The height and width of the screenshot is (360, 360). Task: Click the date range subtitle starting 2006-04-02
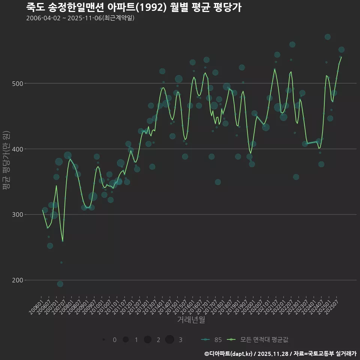(x=80, y=18)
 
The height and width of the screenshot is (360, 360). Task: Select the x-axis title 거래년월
(x=191, y=320)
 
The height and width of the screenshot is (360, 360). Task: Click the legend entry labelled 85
(x=211, y=340)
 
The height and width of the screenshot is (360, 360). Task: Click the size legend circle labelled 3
(x=169, y=340)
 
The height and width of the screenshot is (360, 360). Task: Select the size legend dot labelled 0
(x=103, y=340)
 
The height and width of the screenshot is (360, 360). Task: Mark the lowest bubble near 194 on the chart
(x=60, y=284)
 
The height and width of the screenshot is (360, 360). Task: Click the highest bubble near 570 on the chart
(x=327, y=37)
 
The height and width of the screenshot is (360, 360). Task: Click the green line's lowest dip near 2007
(x=63, y=241)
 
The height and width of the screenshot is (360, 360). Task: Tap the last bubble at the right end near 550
(x=341, y=50)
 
